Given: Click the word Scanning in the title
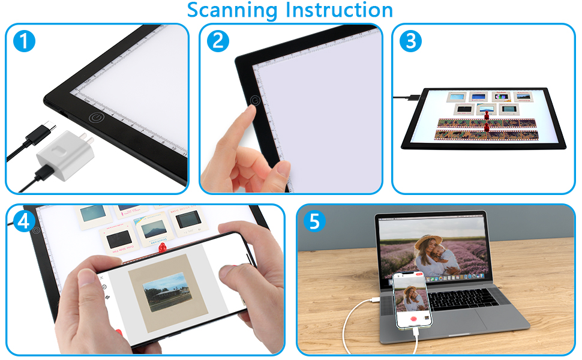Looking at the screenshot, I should tap(233, 10).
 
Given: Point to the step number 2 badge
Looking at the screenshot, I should tap(217, 41).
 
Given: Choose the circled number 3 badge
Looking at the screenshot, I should tap(410, 41).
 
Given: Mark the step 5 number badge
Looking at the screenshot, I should tap(315, 222).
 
